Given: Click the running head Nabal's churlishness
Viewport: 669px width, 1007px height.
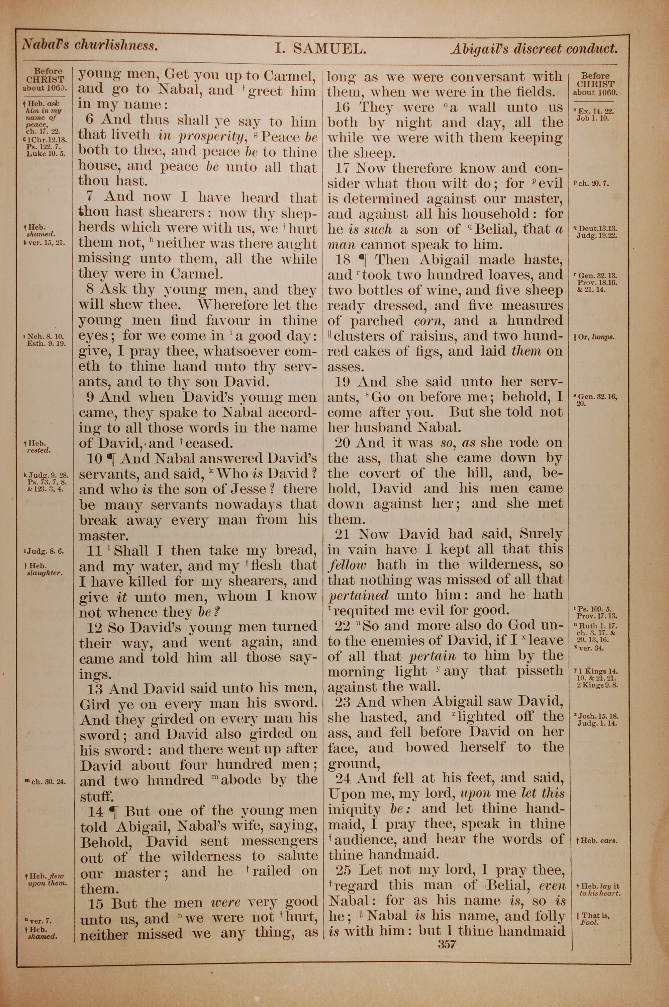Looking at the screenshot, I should [90, 45].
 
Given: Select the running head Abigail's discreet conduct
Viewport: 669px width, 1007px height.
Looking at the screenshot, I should [534, 49].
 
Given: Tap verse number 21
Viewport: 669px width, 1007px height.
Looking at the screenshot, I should [343, 534].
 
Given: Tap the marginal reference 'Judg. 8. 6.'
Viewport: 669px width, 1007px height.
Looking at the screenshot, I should [45, 551].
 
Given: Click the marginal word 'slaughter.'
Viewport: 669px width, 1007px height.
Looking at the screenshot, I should [45, 573].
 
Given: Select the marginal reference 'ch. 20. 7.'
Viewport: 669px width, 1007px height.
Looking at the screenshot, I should [591, 184].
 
